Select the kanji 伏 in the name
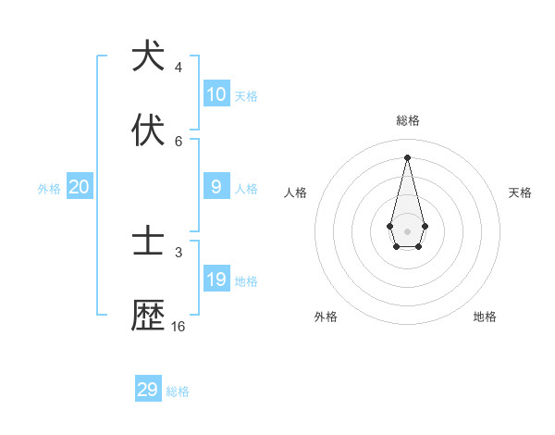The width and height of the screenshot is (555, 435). [x=148, y=130]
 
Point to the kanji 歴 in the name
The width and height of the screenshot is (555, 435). [x=148, y=316]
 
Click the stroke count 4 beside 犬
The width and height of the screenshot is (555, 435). [x=179, y=68]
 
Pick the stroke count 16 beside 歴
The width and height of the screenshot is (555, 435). [x=179, y=327]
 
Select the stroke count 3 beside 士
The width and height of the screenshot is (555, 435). [x=179, y=252]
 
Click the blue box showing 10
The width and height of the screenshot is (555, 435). [x=216, y=94]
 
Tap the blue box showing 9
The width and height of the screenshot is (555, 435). [x=216, y=187]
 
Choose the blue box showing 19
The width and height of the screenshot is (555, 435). [x=216, y=280]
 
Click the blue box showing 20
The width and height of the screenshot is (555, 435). [x=80, y=187]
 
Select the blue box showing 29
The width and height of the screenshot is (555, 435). [x=148, y=390]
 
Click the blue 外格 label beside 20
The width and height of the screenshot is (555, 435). [x=49, y=189]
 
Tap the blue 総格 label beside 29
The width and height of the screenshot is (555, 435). [x=179, y=391]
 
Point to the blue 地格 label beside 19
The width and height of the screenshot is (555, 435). [x=247, y=281]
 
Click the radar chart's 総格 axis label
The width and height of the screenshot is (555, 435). [x=407, y=120]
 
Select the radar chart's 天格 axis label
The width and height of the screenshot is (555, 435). [x=521, y=193]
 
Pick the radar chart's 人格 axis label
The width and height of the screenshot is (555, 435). [x=296, y=193]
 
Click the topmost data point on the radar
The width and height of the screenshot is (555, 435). [x=407, y=157]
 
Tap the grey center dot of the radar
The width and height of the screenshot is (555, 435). [x=407, y=230]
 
